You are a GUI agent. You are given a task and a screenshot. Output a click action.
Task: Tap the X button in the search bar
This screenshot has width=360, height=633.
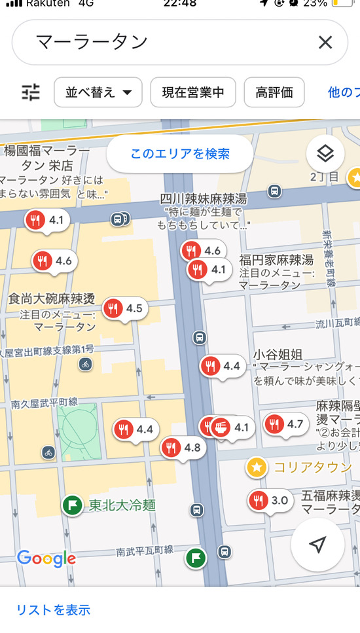click(x=325, y=43)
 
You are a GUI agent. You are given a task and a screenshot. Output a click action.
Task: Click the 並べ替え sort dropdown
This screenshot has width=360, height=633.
click(x=98, y=92)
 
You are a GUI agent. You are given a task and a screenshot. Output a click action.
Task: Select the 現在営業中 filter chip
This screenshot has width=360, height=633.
click(x=192, y=92)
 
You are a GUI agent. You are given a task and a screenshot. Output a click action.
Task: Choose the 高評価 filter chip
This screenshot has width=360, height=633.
click(x=274, y=92)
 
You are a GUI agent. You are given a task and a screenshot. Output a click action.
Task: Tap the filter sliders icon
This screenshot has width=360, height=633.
click(x=31, y=92)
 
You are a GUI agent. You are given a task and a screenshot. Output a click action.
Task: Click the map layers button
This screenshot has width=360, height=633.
click(x=325, y=154)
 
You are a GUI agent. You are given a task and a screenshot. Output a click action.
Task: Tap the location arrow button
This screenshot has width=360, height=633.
click(x=317, y=545)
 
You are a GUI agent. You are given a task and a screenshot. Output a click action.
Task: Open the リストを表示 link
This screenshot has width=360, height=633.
click(x=53, y=609)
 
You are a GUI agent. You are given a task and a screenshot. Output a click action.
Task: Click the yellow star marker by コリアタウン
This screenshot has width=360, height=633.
click(x=257, y=467)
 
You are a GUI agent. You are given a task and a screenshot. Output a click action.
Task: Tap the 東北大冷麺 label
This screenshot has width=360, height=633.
click(x=122, y=505)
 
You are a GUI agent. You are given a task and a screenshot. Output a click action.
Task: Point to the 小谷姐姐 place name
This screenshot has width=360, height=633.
click(x=278, y=355)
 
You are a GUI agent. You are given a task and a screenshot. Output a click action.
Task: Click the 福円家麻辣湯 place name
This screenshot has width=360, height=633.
click(x=276, y=259)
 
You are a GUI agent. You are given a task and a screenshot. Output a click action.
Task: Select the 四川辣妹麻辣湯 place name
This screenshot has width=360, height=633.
click(x=204, y=198)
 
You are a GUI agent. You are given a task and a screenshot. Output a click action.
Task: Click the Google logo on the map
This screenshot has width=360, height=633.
click(x=46, y=558)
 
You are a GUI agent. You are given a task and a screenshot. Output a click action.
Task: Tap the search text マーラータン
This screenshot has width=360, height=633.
click(x=92, y=43)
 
